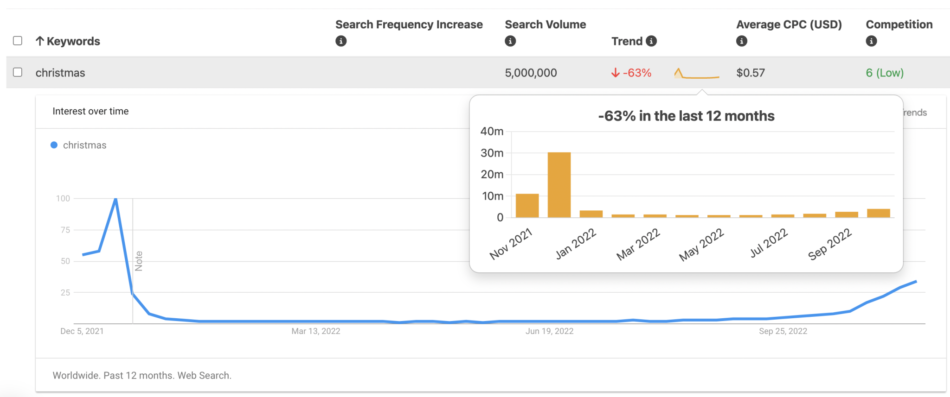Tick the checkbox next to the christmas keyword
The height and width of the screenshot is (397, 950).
(18, 72)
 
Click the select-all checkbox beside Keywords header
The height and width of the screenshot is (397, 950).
(18, 41)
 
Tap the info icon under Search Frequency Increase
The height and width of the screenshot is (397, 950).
(341, 41)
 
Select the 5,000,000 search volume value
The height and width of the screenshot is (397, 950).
(531, 73)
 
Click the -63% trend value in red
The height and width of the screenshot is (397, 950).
(632, 73)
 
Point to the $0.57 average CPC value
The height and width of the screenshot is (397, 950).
(751, 73)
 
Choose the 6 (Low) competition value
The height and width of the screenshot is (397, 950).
(885, 73)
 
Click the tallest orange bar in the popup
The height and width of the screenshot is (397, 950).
(559, 185)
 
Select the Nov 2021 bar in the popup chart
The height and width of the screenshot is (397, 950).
(527, 206)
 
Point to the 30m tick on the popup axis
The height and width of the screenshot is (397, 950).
(492, 153)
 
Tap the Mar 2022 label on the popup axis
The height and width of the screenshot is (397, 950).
(638, 244)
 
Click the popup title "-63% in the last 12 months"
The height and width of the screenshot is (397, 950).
(686, 116)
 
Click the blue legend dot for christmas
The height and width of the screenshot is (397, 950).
(54, 145)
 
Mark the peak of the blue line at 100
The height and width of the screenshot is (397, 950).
(116, 199)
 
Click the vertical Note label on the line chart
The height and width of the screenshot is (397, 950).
(139, 261)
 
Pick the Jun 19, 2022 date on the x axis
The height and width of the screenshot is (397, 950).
(549, 331)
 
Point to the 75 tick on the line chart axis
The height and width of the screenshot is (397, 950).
(65, 230)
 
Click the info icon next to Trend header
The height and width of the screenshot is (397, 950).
(651, 41)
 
